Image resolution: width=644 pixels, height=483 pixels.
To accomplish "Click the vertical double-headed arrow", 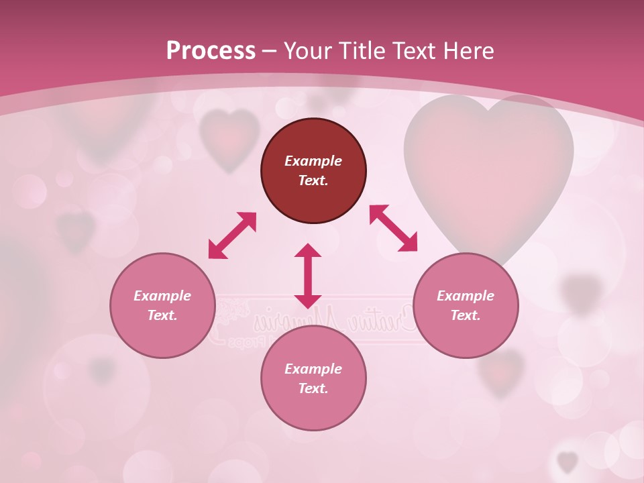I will point(308,276).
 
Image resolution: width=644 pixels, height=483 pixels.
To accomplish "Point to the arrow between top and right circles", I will point(394,228).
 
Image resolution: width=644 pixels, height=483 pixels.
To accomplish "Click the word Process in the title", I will point(211,51).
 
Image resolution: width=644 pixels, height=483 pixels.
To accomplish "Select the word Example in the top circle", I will point(313,161).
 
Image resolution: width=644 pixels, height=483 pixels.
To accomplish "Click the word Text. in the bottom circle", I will point(313,388).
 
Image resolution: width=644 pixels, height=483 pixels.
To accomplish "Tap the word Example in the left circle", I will point(162,296).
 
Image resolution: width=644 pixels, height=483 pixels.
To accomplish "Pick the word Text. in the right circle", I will point(466,315).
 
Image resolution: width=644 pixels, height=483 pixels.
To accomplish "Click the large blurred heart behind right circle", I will point(488,168).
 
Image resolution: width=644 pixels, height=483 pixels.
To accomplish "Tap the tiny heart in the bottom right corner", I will point(568,462).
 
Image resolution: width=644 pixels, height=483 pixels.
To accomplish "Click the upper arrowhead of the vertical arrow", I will point(308,251).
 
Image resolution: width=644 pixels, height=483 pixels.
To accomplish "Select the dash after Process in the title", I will point(270,51).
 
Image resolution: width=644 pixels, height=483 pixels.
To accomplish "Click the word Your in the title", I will point(305,51).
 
